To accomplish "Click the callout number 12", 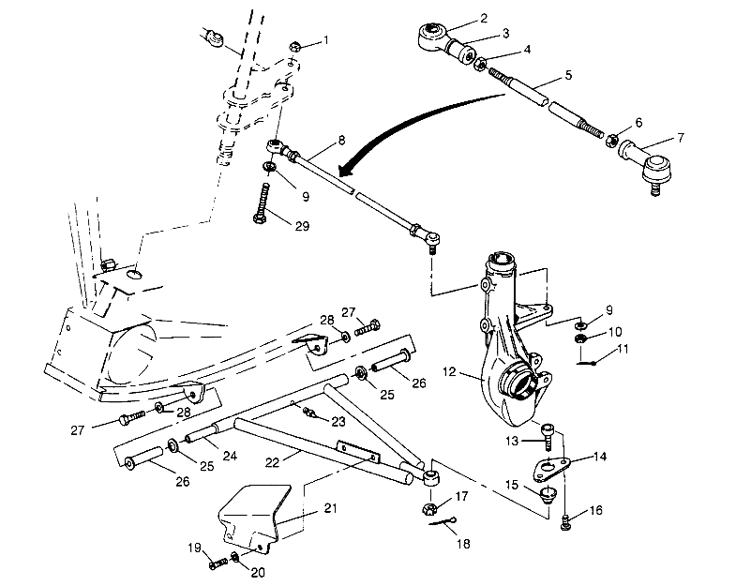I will (x=449, y=372).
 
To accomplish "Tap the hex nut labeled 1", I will (x=294, y=44).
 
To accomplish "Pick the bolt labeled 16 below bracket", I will (x=566, y=521).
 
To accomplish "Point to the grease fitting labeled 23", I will (x=305, y=407).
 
